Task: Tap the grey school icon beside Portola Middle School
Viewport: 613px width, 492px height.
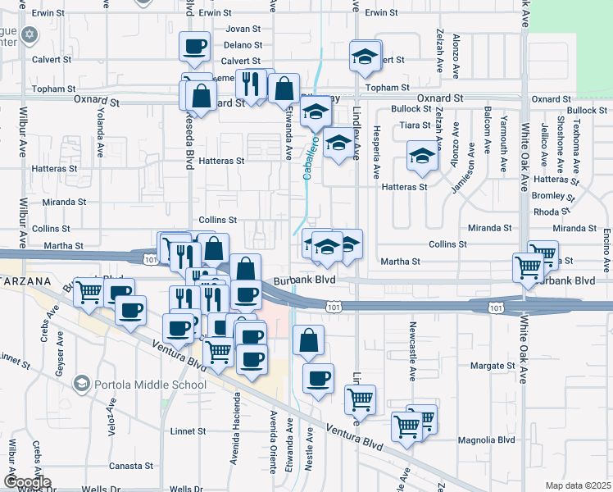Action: click(x=81, y=383)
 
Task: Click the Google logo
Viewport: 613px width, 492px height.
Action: click(x=27, y=482)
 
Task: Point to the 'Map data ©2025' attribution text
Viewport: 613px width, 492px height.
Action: click(x=578, y=485)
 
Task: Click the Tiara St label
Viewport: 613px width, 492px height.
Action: click(x=415, y=125)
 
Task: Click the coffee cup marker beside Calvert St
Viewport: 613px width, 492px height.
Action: click(x=195, y=47)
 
